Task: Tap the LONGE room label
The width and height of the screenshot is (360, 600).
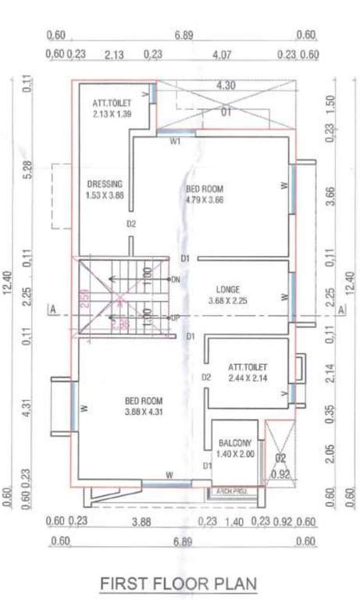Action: click(226, 288)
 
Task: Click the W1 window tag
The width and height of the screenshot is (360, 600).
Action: click(176, 141)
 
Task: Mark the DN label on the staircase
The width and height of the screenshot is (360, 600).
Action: click(176, 280)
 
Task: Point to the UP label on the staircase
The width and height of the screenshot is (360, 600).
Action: click(176, 319)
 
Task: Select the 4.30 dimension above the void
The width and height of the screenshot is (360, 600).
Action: click(226, 84)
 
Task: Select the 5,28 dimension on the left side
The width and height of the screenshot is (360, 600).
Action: click(28, 170)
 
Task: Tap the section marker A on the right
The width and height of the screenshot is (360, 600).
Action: click(342, 310)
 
